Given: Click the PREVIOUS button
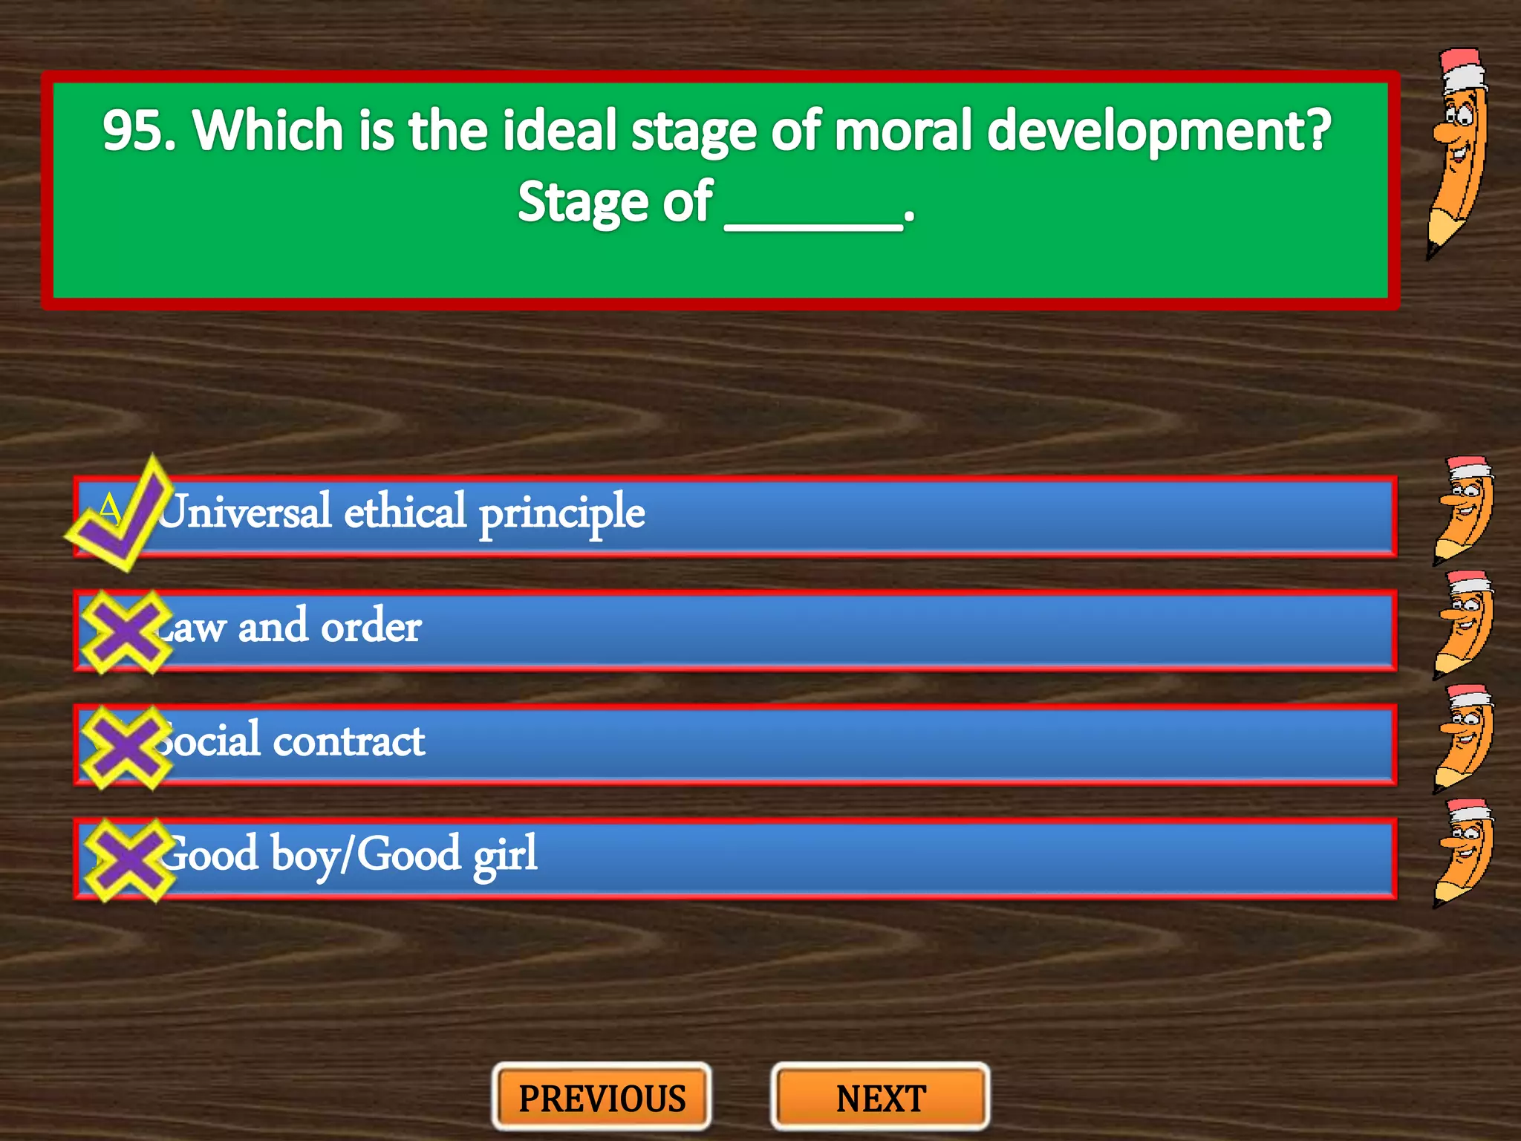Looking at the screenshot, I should coord(602,1098).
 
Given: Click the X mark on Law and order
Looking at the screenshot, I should coord(126,632).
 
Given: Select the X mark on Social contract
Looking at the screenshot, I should coord(126,747).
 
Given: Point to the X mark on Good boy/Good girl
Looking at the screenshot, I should coord(128,860).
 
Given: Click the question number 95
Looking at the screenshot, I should coord(138,131).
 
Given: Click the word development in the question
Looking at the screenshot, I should coord(1159,132).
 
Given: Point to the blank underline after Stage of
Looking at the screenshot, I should coord(813,215).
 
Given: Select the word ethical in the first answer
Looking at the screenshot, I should coord(405,512).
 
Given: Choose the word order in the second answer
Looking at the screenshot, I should coord(371,627).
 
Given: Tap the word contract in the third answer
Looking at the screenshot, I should coord(349,741).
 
